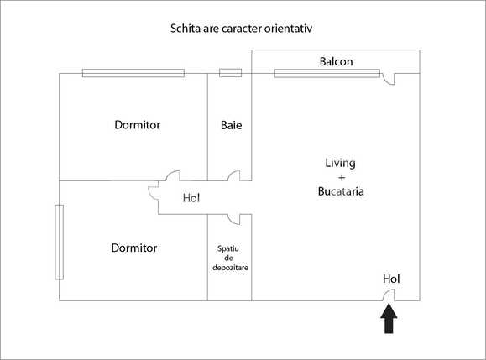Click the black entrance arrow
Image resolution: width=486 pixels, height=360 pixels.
389,319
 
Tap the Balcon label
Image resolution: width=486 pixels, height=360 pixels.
336,62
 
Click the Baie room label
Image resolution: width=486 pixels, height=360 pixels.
231,125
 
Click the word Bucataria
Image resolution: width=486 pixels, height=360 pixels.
341,192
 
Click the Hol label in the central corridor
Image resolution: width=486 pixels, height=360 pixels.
191,199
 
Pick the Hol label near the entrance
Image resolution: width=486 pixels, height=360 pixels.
391,279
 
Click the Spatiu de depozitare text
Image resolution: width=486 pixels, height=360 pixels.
230,258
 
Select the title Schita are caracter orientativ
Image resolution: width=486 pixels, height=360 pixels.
243,28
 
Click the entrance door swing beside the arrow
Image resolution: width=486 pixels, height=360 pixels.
389,295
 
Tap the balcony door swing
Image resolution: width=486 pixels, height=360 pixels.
389,79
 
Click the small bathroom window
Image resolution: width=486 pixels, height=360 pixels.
230,73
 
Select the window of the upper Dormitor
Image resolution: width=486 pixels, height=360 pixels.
133,73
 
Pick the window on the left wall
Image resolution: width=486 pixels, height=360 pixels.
59,242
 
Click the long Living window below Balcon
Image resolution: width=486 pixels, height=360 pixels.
326,73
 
